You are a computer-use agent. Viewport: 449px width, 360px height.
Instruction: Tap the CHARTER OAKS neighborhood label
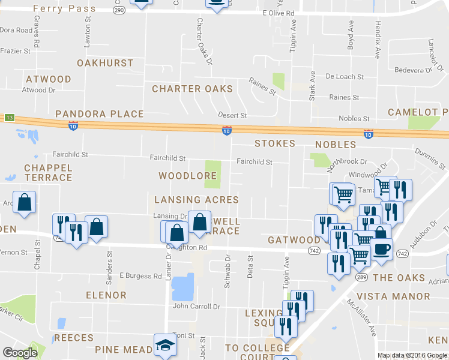tap(192, 89)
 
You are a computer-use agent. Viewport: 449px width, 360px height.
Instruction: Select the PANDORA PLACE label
tap(100, 114)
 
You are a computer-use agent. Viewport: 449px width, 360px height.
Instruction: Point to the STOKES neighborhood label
tap(275, 144)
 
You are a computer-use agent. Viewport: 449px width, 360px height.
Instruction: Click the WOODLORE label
tap(187, 176)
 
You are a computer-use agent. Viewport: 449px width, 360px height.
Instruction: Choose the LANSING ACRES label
tap(196, 200)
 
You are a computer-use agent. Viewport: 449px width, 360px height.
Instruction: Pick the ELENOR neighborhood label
tap(106, 295)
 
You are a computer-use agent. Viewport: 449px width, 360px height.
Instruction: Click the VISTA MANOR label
tap(393, 296)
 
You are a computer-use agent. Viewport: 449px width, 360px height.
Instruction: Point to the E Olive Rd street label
tap(279, 13)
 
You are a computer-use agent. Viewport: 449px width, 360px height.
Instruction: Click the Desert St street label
tap(232, 115)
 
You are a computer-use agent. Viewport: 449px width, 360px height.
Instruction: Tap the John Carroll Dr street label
tap(196, 307)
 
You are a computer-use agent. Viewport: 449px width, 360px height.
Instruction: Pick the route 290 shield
tap(119, 10)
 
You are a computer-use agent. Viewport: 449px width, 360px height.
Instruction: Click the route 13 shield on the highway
tap(9, 118)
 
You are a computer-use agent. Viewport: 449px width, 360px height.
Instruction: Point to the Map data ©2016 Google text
tap(412, 355)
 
